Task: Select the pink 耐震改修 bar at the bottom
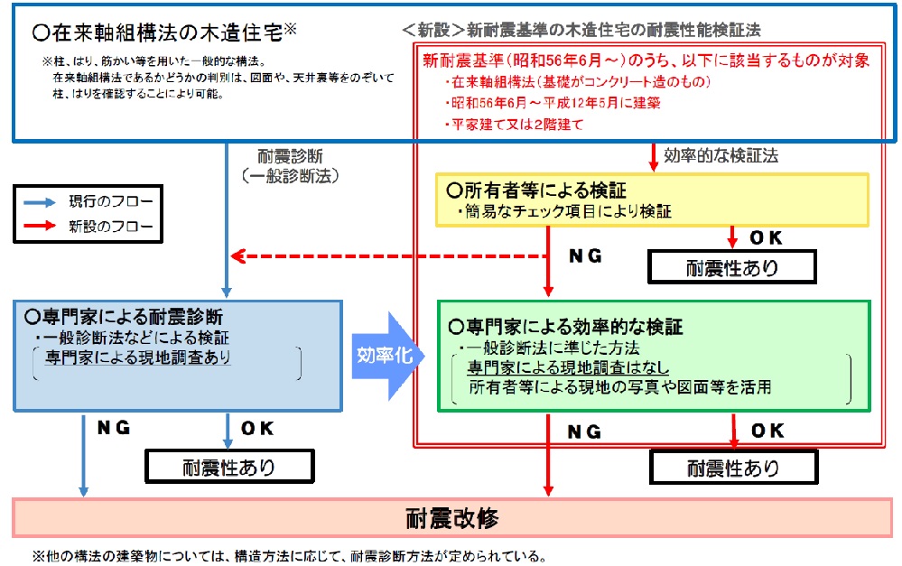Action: [x=451, y=519]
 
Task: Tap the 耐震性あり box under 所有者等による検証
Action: [x=731, y=268]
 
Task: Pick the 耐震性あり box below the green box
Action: [x=732, y=468]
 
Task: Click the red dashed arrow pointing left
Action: [x=388, y=255]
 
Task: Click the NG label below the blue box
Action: [x=115, y=429]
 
